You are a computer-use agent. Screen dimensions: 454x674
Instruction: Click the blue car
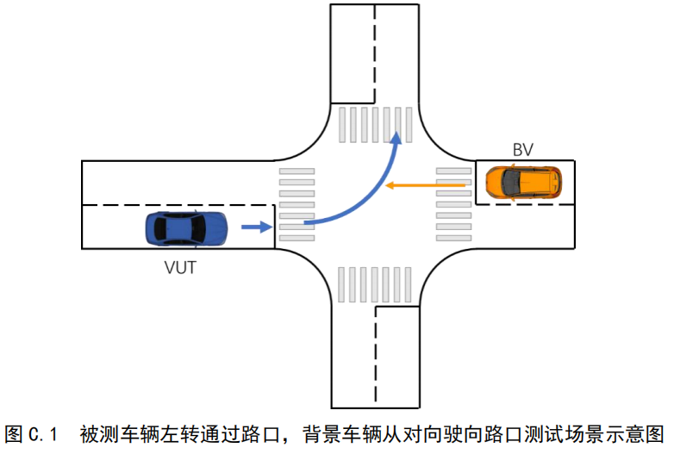(x=186, y=228)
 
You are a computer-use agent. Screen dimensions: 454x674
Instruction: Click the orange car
(x=522, y=183)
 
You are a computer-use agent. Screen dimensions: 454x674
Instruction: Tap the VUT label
(x=180, y=267)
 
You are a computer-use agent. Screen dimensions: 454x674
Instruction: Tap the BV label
(x=522, y=150)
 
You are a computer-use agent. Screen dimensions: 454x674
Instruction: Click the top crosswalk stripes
(x=376, y=125)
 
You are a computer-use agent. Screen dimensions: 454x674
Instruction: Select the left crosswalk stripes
(x=296, y=204)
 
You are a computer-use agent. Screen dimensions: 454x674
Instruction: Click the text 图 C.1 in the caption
(x=31, y=433)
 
